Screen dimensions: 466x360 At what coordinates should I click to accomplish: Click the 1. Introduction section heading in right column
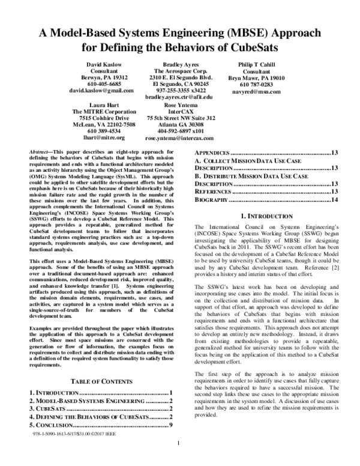[265, 215]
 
